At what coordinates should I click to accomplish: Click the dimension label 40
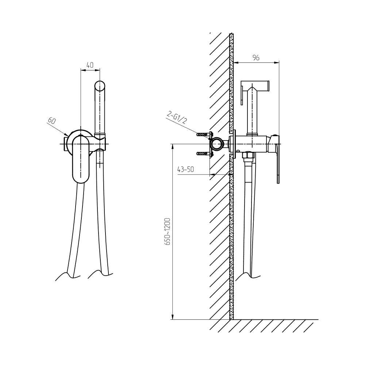click(90, 65)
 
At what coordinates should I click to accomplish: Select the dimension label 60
click(52, 120)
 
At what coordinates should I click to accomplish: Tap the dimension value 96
click(256, 58)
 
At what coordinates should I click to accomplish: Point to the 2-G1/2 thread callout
click(177, 118)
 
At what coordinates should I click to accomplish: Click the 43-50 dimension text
click(185, 169)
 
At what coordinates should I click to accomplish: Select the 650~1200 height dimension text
click(168, 231)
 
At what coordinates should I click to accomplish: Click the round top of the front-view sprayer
click(100, 85)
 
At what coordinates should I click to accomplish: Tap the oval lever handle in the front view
click(81, 159)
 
